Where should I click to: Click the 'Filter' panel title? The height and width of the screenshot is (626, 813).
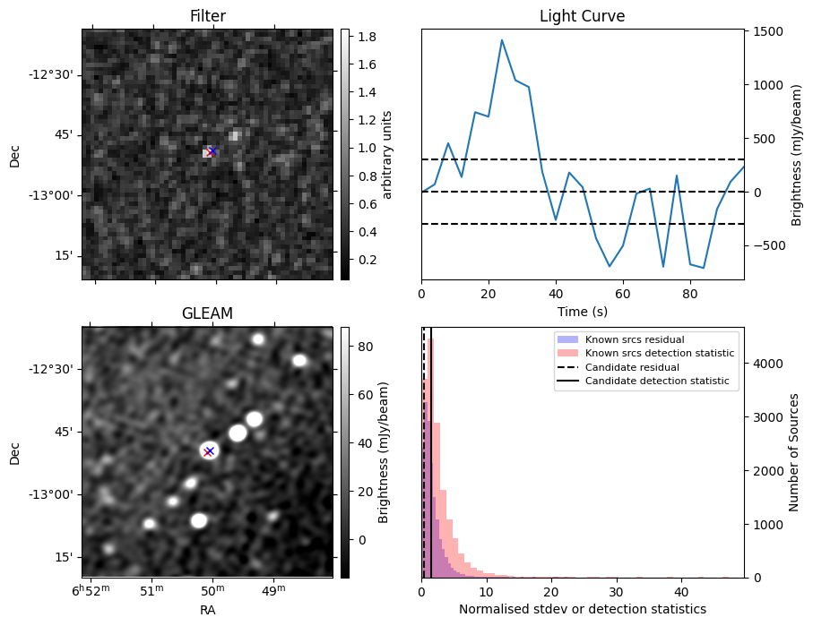coord(207,16)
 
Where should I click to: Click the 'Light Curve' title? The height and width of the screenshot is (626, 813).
coord(582,16)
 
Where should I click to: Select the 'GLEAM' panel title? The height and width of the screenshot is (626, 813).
coord(207,313)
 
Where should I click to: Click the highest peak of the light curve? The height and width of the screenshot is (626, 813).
coord(502,40)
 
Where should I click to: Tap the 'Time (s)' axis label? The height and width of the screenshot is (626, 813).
coord(582,310)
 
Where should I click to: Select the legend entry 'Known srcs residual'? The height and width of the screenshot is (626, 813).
coord(635,340)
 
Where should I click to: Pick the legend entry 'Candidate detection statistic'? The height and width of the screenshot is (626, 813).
coord(656,382)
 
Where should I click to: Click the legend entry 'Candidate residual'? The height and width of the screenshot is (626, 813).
coord(632,368)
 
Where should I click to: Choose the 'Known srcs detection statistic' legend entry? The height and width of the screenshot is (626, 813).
coord(659,354)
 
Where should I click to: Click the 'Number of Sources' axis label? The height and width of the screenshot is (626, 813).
coord(794,452)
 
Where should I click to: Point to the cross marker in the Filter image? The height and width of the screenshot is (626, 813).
coord(211,151)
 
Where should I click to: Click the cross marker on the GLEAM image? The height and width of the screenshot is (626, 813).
coord(209,450)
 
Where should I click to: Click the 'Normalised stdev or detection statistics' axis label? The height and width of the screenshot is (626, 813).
coord(582,609)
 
